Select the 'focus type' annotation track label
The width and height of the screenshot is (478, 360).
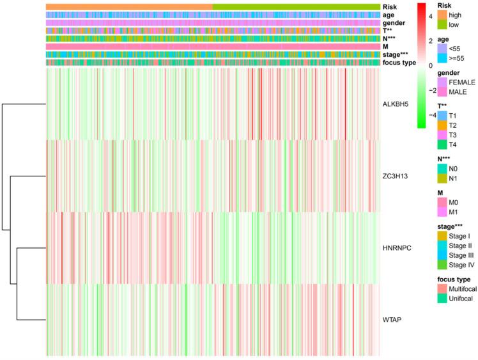[399, 63]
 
